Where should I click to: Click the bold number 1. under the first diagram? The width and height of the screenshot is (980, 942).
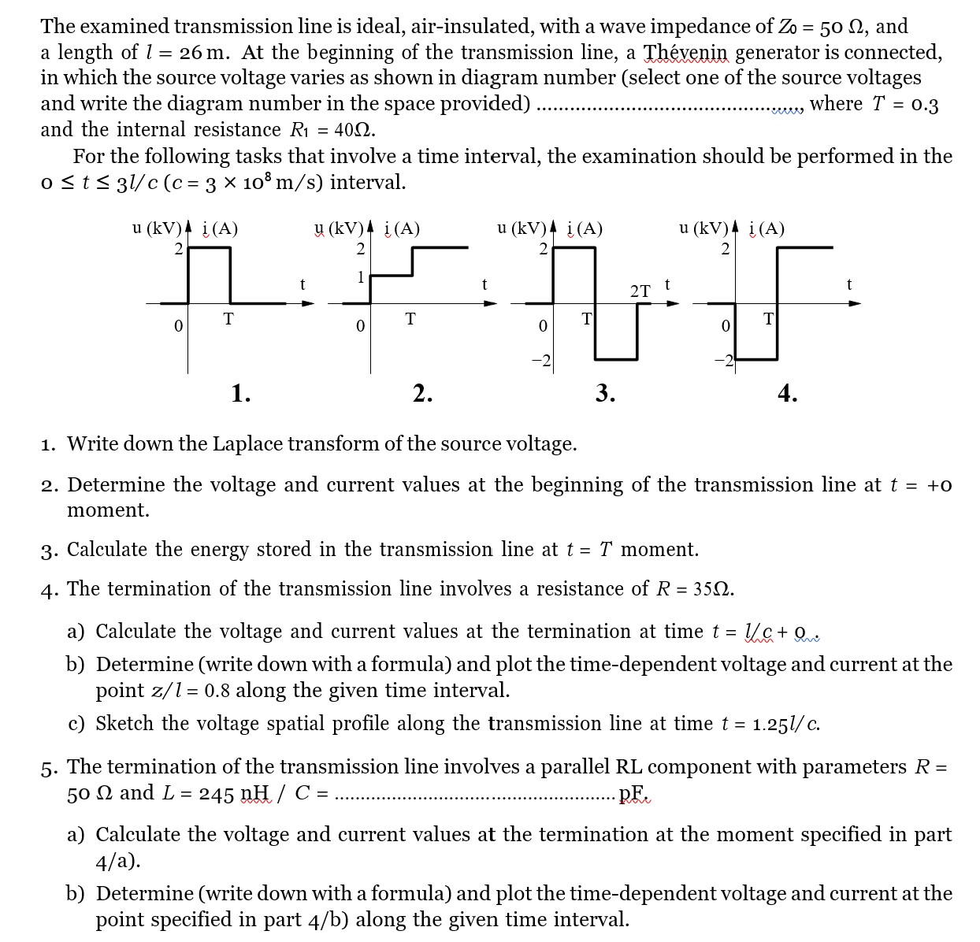(241, 392)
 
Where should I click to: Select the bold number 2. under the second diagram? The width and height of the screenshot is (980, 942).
(423, 392)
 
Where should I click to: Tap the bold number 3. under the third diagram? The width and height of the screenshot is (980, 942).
(605, 392)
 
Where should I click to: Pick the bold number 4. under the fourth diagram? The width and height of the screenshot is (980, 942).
(787, 392)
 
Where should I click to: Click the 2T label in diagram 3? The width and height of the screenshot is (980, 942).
(640, 291)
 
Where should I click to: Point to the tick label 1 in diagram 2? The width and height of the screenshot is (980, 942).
(360, 276)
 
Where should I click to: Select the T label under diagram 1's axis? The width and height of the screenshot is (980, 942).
(228, 319)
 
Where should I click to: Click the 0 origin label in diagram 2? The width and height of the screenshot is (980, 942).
(360, 325)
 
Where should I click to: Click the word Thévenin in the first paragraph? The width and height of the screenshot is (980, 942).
(687, 53)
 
